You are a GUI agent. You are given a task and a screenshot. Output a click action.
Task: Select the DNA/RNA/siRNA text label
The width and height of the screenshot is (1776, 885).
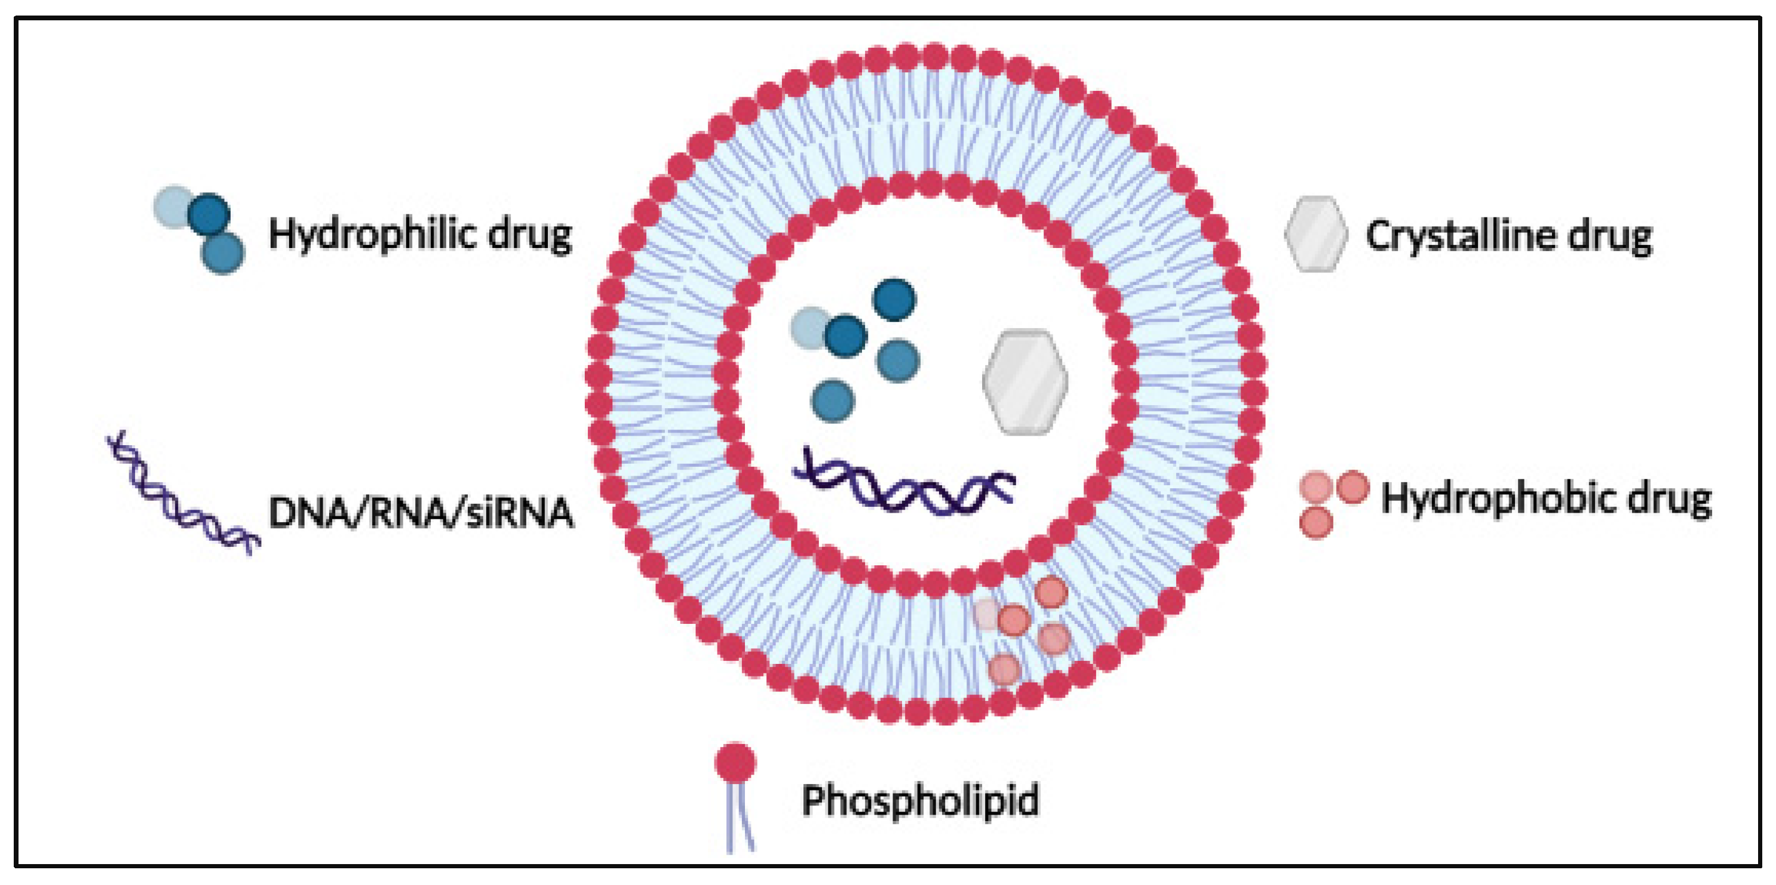coord(421,514)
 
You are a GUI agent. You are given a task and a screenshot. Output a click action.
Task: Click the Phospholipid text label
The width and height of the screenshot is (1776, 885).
coord(920,801)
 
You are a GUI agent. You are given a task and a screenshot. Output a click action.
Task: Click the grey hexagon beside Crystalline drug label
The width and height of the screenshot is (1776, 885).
coord(1315,234)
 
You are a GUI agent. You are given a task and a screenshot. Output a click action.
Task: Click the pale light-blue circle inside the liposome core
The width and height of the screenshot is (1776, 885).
coord(810,327)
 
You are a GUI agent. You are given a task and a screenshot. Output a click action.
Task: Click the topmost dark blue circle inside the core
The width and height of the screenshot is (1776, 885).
coord(894,299)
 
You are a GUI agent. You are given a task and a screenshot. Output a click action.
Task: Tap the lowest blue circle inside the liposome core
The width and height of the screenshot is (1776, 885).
coord(833,401)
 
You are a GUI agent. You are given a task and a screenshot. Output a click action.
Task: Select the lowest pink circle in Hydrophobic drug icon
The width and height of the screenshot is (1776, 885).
coord(1315,522)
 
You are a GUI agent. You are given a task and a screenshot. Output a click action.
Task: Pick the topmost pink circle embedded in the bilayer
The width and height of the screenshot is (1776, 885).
coord(1051,592)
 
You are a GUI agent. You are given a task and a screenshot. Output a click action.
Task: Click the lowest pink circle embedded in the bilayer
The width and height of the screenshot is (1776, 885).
coord(1005,669)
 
